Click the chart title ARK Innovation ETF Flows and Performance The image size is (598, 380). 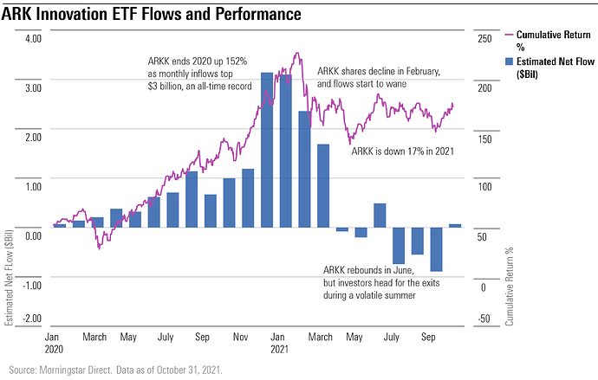click(x=152, y=15)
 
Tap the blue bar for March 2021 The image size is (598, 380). click(x=323, y=185)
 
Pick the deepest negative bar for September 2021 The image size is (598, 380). click(x=436, y=249)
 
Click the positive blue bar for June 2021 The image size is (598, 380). click(x=380, y=216)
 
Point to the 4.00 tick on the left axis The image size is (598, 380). click(x=33, y=39)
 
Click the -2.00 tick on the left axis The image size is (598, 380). click(x=31, y=319)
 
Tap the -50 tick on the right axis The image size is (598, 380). click(x=484, y=319)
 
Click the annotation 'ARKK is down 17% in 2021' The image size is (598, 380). click(x=403, y=151)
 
